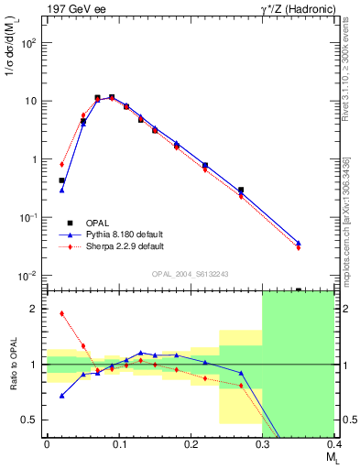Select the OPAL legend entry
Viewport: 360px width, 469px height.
coord(93,223)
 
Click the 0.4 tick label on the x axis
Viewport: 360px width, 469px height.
coord(333,444)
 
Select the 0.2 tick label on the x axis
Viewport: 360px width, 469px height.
coord(191,444)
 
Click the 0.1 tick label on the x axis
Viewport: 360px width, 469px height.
coord(118,444)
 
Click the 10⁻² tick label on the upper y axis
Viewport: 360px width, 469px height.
coord(27,276)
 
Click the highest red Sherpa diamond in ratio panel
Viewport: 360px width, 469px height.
coord(61,313)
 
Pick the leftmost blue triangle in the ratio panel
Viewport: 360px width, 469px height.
coord(61,396)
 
